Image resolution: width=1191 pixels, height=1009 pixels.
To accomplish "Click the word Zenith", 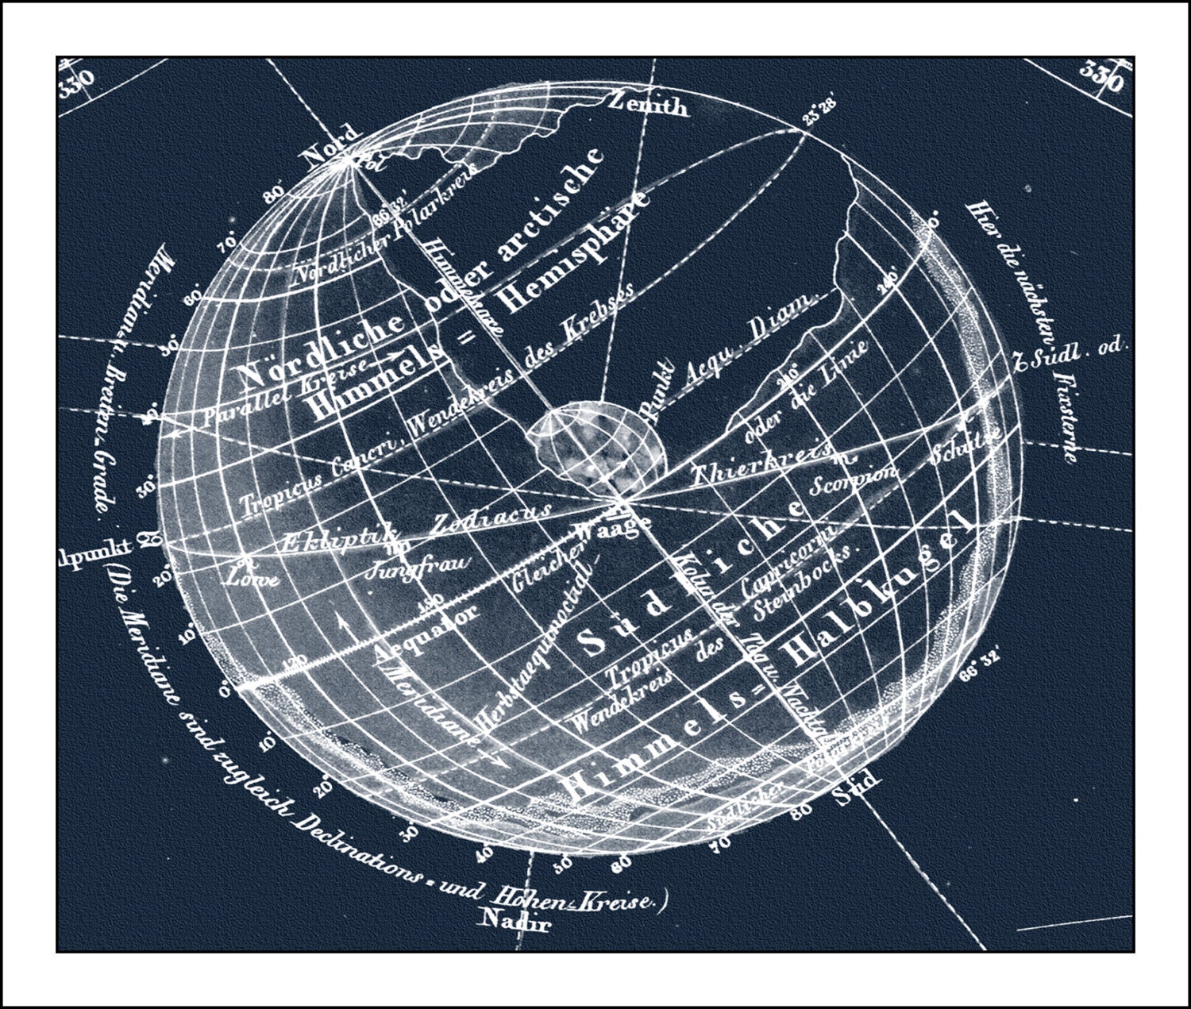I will pyautogui.click(x=647, y=103).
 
